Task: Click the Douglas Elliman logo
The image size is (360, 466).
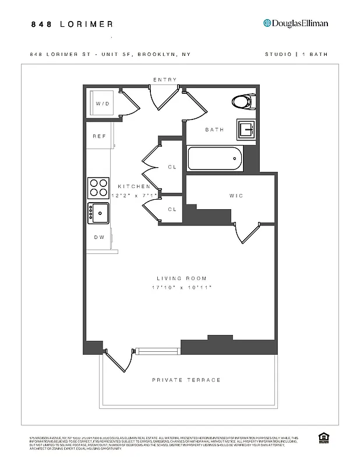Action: tap(296, 23)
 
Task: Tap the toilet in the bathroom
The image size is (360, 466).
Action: tap(243, 102)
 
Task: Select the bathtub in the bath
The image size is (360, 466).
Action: tap(214, 158)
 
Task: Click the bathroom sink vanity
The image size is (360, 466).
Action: tap(245, 129)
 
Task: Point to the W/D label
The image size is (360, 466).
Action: tap(103, 104)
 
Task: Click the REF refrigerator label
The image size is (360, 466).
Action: tap(99, 136)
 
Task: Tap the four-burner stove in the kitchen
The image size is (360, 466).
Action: tap(98, 188)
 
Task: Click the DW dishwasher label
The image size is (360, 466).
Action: tap(99, 238)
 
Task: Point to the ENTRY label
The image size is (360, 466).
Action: tap(165, 80)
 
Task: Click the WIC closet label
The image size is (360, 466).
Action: tap(236, 196)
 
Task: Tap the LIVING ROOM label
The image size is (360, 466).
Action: tap(182, 278)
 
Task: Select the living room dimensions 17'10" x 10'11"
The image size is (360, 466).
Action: tap(182, 288)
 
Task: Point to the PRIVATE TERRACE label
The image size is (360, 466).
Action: tap(186, 380)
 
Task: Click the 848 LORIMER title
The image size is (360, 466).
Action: tap(72, 24)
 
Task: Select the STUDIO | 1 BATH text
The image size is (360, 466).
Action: tap(296, 54)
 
